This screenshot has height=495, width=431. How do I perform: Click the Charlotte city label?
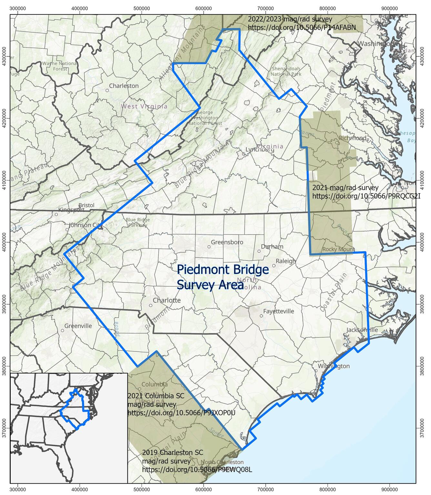166,300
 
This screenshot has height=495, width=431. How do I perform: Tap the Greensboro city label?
227,242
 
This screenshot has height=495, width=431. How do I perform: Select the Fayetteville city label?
278,311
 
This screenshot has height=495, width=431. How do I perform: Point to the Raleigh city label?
286,261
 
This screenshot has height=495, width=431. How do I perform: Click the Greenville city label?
78,326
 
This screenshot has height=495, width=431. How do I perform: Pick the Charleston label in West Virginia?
124,86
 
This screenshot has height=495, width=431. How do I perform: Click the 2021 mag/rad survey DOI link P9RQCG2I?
366,196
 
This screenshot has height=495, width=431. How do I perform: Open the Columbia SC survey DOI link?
181,413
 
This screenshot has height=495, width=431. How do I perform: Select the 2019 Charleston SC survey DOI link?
197,470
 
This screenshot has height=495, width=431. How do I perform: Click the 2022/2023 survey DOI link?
302,27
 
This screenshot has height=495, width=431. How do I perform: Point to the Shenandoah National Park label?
286,71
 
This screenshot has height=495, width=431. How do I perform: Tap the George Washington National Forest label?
205,118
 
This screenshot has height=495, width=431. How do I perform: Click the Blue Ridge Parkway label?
138,222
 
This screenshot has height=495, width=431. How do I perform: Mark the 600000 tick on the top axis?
203,8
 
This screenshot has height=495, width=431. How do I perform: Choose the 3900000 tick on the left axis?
4,304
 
